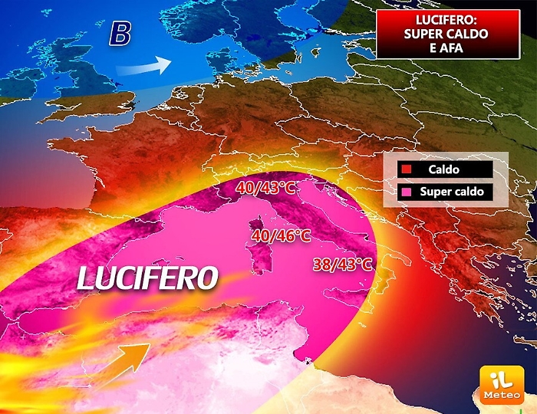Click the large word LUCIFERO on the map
148,278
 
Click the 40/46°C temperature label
282,235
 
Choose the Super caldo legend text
452,191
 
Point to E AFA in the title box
446,48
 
